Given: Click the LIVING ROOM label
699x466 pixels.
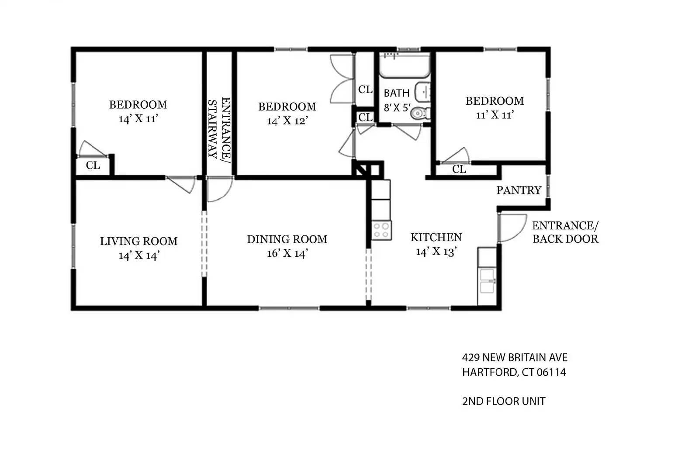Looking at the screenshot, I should coord(138,241).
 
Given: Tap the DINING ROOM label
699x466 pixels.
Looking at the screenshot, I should coord(287,239).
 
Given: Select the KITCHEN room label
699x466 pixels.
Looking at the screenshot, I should coord(436,238).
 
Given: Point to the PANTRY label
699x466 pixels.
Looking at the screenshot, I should coord(519,190).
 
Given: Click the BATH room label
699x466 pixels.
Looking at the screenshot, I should coord(396,93).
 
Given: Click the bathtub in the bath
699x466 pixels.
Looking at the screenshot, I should coord(404,66).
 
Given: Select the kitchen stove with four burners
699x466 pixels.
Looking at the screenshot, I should coord(381,230).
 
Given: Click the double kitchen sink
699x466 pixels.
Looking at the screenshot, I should coord(487,281).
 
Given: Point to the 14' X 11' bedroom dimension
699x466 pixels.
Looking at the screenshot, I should coord(138,119).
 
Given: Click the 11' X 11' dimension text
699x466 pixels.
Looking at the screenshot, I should coord(495,115).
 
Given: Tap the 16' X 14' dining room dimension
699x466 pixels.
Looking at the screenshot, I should coord(287,253).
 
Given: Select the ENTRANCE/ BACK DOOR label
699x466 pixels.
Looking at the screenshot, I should coord(565,232).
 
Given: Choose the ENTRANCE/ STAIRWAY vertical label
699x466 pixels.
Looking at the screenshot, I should coord(219,128).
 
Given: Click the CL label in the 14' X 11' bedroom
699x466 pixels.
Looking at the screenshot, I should coord(93,166).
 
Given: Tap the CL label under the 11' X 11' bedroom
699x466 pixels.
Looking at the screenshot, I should coord(459,169).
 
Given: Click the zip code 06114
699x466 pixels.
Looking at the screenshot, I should coord(551,373).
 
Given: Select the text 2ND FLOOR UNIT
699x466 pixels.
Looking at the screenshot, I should coord(503,401).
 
